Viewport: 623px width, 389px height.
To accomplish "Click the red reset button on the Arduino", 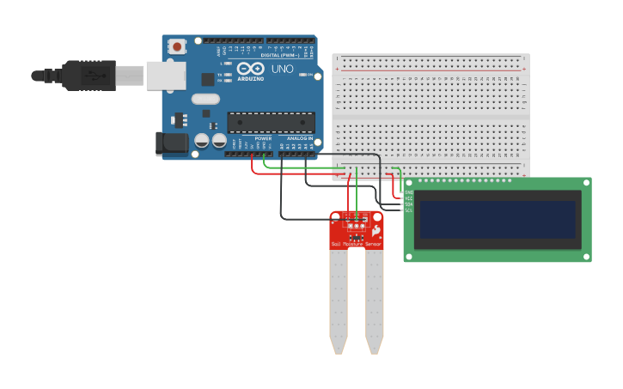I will pos(177,46).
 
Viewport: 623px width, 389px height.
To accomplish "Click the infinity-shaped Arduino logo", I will pos(251,69).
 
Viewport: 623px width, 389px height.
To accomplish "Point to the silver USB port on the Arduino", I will pos(165,75).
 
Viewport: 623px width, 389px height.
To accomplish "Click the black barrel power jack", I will pos(171,143).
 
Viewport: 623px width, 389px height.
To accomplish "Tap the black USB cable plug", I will pos(89,75).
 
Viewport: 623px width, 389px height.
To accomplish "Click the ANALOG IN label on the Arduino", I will pos(300,138).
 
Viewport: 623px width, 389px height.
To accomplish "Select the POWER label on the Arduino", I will pos(263,138).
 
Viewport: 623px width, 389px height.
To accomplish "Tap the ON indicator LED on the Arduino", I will pos(303,75).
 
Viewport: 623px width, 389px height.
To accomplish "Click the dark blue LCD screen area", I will pos(495,220).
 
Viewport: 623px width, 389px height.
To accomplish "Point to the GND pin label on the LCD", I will pos(409,191).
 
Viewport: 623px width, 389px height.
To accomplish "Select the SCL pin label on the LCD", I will pos(409,210).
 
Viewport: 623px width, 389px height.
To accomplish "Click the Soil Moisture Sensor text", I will pos(356,245).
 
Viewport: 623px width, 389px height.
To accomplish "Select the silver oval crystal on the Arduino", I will pos(206,99).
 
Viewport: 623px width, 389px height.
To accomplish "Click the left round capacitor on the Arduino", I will pos(202,140).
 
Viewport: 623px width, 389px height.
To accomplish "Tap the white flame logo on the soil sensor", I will pos(376,233).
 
